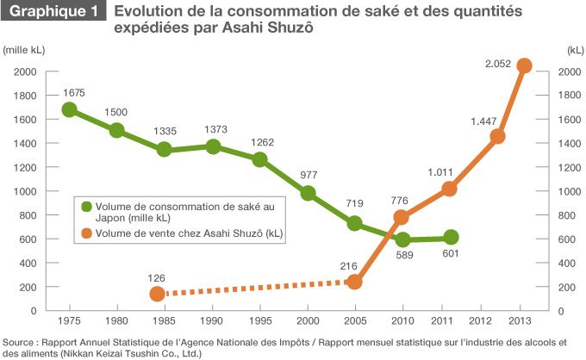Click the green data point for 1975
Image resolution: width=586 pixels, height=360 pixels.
pos(70,109)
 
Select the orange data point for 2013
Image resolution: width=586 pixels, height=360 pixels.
pos(523,65)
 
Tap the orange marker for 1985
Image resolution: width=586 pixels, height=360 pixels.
pos(157,294)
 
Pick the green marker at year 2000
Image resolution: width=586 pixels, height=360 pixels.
pos(308,193)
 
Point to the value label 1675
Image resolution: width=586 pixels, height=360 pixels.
pos(75,91)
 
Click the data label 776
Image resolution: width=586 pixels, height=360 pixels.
pos(402,200)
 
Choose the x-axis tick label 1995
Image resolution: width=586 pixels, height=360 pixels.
pos(259,320)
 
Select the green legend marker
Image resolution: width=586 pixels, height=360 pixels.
pos(86,207)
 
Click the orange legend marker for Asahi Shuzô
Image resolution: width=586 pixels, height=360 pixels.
pos(86,233)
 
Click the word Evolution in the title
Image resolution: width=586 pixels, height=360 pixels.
pos(145,12)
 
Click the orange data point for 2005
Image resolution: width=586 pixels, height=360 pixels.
pos(354,282)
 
